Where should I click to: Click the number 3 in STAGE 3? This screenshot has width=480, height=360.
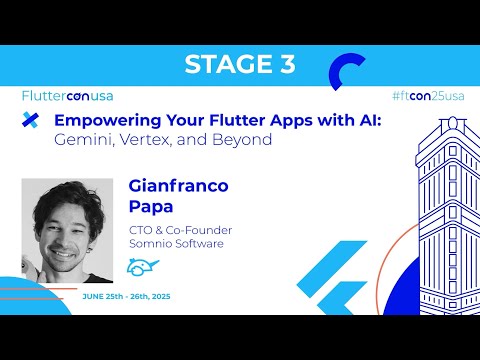point(282,65)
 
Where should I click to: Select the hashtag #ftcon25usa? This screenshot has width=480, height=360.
point(428,96)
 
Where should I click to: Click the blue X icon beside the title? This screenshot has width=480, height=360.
point(31,121)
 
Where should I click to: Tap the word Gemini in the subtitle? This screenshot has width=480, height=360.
point(83,140)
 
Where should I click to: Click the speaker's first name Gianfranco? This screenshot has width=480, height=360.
point(178,187)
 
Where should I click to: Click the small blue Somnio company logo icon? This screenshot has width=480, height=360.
point(143,268)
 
